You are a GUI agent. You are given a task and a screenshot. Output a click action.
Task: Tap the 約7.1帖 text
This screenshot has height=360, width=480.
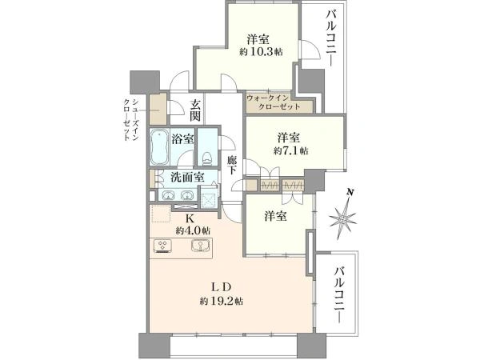[x=290, y=150]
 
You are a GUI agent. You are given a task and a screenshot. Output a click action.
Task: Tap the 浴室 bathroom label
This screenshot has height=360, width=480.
[x=182, y=138]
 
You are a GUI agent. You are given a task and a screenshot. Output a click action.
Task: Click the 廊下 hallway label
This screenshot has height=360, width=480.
[x=231, y=166]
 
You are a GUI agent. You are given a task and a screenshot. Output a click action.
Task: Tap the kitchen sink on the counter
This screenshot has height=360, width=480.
[x=197, y=246]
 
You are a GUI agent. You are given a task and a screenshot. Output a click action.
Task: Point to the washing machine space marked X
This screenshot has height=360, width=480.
[x=207, y=197]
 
